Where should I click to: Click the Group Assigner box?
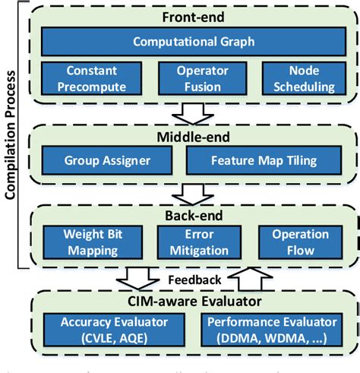pyautogui.click(x=106, y=160)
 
